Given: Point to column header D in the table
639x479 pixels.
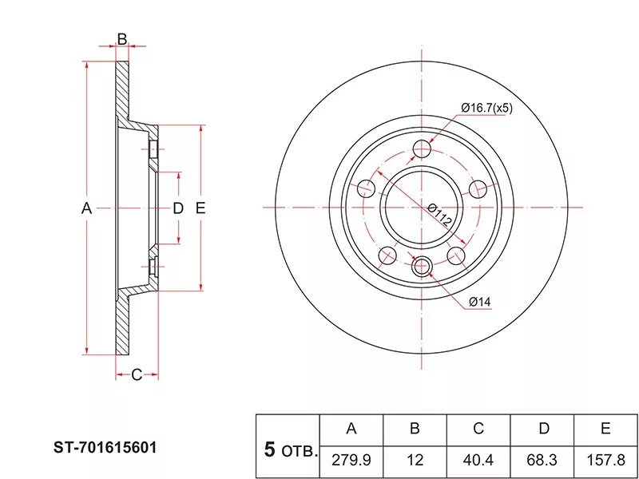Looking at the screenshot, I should pos(543,429).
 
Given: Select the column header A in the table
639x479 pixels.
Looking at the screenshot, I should pos(351,429).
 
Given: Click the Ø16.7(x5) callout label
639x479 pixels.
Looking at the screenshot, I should pos(486,109).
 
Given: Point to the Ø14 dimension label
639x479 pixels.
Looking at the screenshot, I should pos(479,301).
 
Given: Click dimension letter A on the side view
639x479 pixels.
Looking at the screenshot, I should pos(87,209).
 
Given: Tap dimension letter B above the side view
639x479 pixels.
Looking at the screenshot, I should pos(122,38).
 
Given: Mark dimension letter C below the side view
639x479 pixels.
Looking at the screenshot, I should pos(136,374).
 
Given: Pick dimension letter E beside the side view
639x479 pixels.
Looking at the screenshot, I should pos(200,209).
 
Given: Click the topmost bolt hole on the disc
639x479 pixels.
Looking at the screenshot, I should pos(423,149).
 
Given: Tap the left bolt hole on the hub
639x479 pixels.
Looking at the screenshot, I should pos(367,189).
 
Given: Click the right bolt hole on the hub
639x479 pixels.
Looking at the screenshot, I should pos(478,189).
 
